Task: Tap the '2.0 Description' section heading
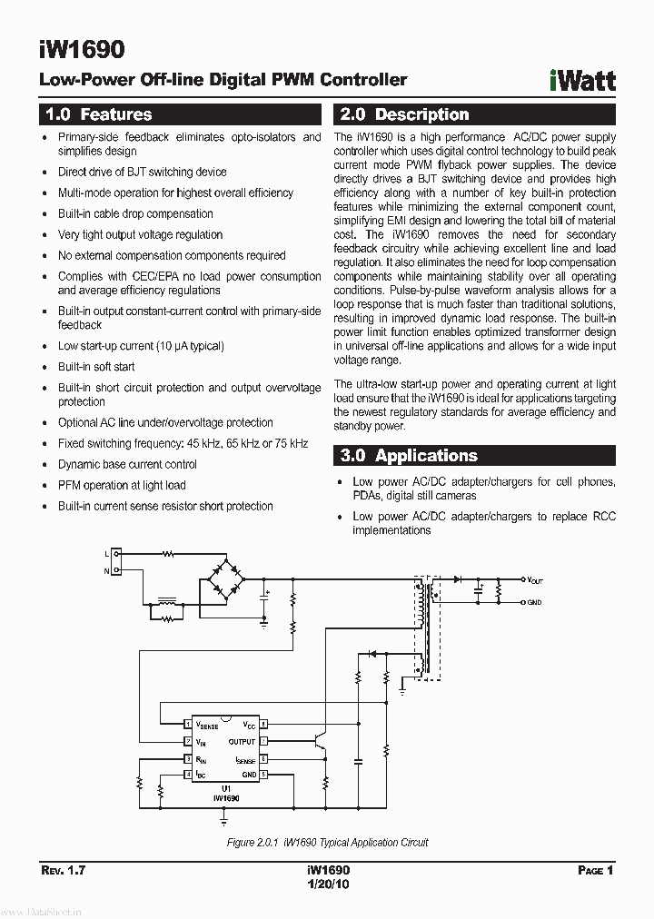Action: [x=403, y=114]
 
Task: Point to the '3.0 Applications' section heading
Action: [x=408, y=456]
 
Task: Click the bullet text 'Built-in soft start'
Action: [x=96, y=367]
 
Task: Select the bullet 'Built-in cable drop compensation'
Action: [x=135, y=213]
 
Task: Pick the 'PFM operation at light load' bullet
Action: [x=122, y=485]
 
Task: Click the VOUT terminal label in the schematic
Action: [x=535, y=579]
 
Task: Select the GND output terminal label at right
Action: [x=534, y=602]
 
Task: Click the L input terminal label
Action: [x=106, y=553]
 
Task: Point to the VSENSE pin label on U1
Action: [x=207, y=726]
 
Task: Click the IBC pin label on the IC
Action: [x=201, y=774]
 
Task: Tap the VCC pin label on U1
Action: [x=248, y=725]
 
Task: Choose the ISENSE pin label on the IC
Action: [x=245, y=758]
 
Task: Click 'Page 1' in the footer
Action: [x=596, y=870]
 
